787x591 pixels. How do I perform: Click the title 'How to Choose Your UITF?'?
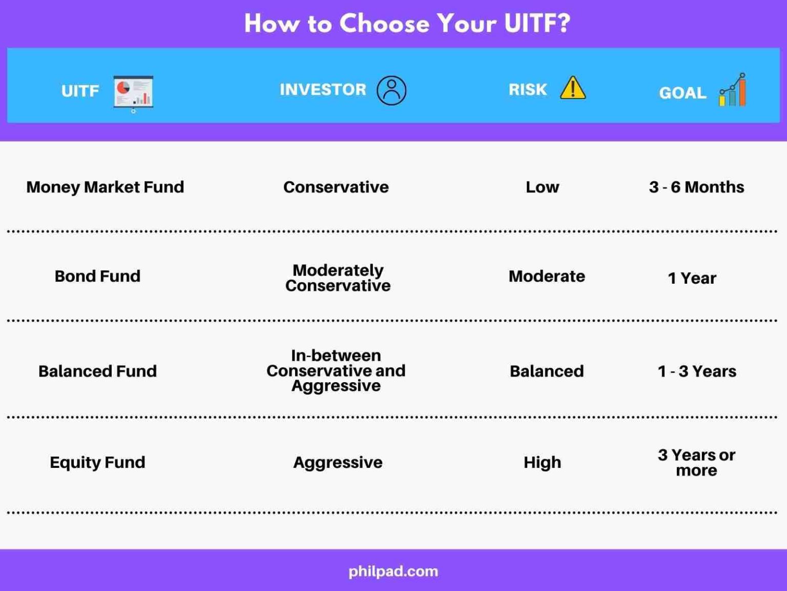pos(407,24)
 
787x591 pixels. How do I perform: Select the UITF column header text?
pos(80,91)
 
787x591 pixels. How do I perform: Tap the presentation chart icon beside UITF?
pos(133,93)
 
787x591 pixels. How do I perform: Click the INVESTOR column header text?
pos(323,89)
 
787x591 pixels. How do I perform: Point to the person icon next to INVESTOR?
pos(391,90)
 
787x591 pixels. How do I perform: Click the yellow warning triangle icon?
pos(572,88)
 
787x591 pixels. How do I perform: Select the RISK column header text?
pos(527,89)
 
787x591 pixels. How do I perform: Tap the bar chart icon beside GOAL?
pos(733,90)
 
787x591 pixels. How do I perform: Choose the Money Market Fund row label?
pos(105,187)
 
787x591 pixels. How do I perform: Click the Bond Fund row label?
pos(97,276)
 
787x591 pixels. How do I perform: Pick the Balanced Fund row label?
pos(97,371)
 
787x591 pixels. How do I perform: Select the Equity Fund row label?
pos(97,462)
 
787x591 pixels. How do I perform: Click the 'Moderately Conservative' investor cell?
pos(338,278)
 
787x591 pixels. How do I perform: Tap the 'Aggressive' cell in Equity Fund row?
pos(338,462)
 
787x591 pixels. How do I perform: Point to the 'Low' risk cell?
pos(542,187)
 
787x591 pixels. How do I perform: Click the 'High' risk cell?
pos(542,462)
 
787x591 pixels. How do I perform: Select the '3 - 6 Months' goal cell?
pos(696,187)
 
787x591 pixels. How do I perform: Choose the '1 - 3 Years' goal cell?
pos(697,371)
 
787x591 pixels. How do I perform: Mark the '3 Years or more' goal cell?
pos(696,462)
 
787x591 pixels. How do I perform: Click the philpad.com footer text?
pos(393,571)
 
